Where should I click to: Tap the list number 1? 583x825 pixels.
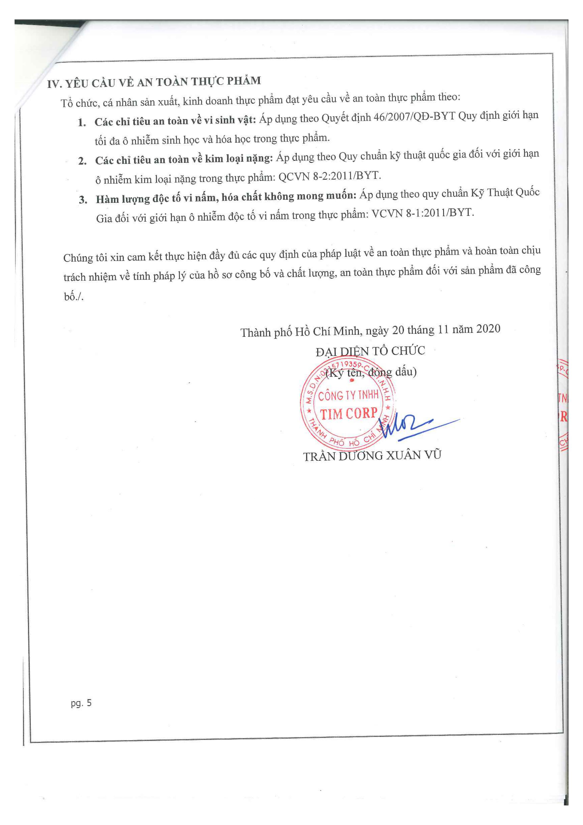click(82, 122)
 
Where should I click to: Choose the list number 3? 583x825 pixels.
click(83, 199)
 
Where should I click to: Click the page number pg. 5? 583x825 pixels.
click(81, 703)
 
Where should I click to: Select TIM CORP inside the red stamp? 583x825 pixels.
click(348, 414)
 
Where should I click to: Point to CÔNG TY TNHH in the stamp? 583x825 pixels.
click(348, 395)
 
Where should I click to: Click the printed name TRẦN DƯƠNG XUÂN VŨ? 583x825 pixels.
click(372, 456)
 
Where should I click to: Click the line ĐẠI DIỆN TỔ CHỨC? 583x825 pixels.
click(370, 351)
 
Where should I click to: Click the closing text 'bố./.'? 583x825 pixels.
click(74, 296)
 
